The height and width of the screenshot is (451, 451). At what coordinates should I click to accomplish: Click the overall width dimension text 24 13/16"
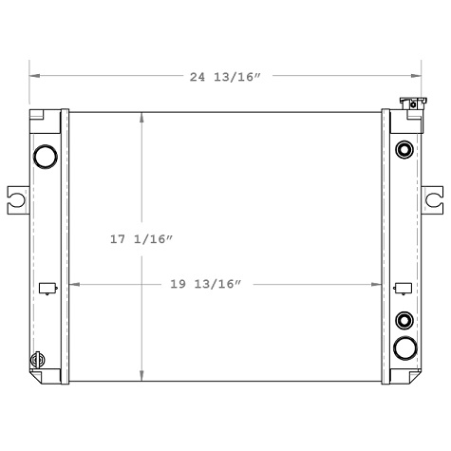[225, 76]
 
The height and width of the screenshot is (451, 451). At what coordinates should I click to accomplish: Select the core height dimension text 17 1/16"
[141, 240]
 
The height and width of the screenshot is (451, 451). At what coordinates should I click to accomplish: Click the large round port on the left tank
[45, 155]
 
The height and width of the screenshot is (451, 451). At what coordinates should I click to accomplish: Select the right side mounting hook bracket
[432, 198]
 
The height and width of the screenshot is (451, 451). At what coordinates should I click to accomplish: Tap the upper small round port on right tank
[404, 149]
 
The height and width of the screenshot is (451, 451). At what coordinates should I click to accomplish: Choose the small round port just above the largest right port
[404, 320]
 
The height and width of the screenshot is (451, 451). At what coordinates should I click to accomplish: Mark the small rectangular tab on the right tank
[402, 288]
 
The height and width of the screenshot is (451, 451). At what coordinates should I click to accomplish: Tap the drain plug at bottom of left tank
[39, 360]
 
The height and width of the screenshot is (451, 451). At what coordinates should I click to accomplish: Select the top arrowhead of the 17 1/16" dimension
[141, 117]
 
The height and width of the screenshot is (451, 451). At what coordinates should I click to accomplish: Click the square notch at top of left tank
[39, 117]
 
